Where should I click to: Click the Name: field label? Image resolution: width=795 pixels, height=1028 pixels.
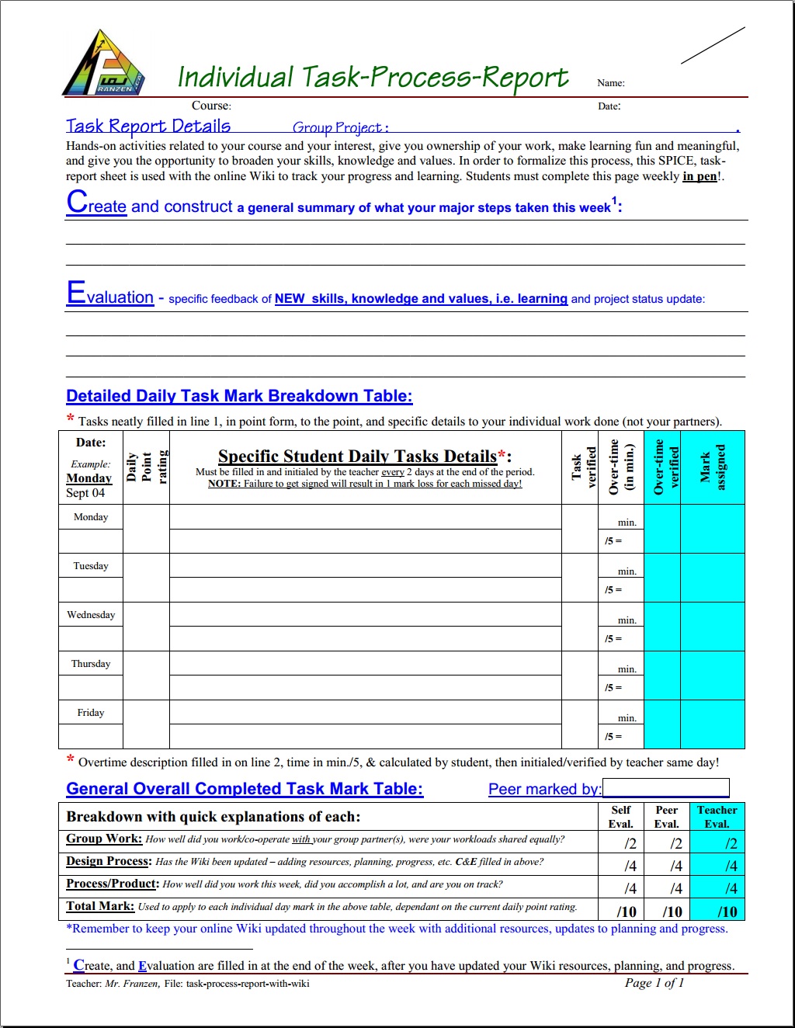(611, 83)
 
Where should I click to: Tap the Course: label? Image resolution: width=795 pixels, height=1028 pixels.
(211, 106)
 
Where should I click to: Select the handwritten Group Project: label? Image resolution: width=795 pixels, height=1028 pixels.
(340, 127)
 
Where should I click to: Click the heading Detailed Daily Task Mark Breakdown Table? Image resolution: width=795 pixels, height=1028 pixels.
(239, 396)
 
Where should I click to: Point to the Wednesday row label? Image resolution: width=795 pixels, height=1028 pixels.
(91, 615)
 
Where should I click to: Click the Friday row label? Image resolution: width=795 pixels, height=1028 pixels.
(91, 713)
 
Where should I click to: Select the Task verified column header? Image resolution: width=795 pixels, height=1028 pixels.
(584, 467)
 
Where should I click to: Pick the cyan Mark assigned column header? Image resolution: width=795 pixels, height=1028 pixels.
(713, 467)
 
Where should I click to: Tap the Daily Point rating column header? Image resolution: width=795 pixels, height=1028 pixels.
(146, 467)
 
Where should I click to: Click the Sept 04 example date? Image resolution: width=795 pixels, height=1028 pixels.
(85, 493)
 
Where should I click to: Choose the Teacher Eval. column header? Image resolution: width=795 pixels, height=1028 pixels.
(717, 817)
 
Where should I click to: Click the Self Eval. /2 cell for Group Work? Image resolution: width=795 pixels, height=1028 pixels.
(630, 844)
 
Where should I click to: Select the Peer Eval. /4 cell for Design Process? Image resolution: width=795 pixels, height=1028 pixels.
(675, 866)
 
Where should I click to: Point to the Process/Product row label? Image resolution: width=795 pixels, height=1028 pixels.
(113, 884)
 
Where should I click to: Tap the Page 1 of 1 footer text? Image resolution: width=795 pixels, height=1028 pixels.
(654, 983)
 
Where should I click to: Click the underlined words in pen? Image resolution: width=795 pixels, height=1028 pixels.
(700, 176)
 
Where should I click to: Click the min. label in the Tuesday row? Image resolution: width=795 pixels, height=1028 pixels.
(627, 571)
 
